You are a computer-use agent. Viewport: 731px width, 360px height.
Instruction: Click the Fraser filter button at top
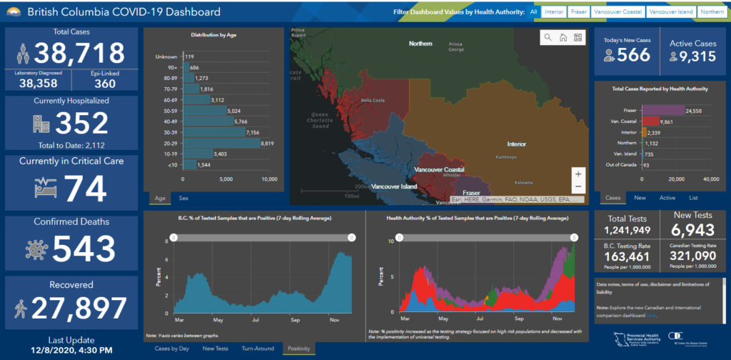click(x=580, y=12)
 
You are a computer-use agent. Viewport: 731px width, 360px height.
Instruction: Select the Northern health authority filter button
click(x=712, y=12)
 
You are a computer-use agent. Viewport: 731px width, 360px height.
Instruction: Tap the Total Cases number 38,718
click(x=79, y=53)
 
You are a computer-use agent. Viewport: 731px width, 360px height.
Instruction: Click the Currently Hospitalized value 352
click(x=81, y=124)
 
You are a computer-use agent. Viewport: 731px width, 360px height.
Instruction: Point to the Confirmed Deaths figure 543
click(x=84, y=248)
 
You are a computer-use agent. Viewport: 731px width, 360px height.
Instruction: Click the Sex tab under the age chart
click(x=183, y=198)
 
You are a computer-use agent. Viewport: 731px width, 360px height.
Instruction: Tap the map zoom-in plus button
click(x=578, y=174)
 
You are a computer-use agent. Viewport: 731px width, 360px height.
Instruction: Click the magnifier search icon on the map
click(x=548, y=37)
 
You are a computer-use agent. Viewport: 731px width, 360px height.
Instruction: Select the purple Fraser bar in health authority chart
click(x=663, y=111)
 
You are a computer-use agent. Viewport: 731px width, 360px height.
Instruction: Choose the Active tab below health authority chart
click(x=667, y=198)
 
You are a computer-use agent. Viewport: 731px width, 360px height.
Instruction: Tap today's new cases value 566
click(x=634, y=54)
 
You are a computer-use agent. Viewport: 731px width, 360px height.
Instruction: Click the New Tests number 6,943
click(x=692, y=230)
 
